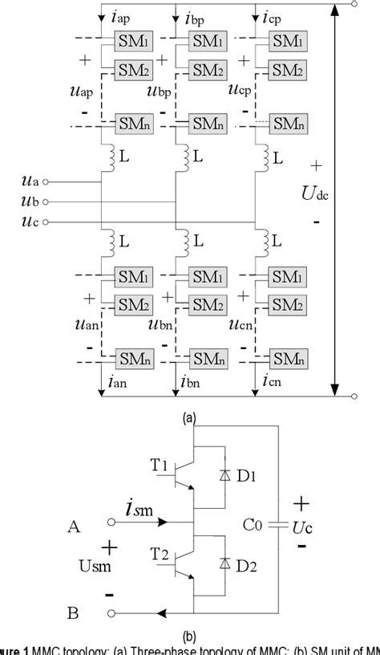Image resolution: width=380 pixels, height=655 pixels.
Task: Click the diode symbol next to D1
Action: point(223,475)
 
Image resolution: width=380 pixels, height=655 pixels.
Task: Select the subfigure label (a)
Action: point(189,417)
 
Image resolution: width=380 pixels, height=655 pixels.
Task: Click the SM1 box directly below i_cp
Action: point(286,41)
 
